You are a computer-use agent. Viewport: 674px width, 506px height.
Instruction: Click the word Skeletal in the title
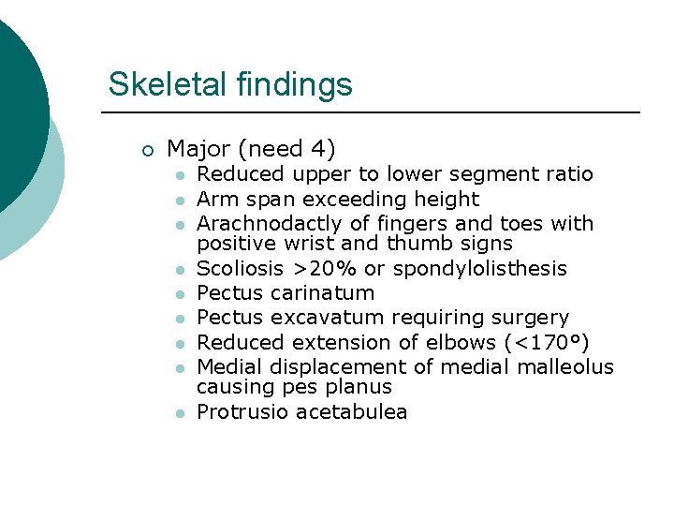click(x=154, y=84)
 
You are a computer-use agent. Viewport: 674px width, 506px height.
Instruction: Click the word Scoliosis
click(x=235, y=269)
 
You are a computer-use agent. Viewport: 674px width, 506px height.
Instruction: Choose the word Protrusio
click(x=242, y=412)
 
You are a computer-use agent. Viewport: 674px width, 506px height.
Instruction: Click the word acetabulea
click(x=351, y=412)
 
